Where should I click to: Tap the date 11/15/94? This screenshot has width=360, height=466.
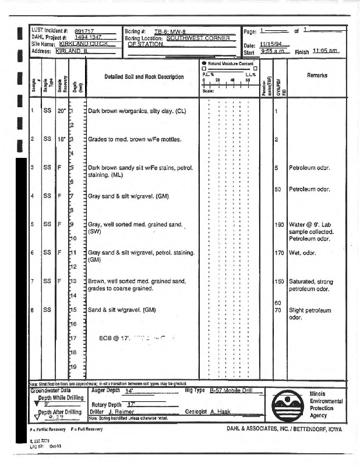tap(270, 45)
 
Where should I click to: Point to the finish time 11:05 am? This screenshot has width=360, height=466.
tap(326, 51)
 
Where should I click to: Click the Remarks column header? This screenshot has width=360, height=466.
tap(317, 75)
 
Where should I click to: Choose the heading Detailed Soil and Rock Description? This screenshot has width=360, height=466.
tap(144, 77)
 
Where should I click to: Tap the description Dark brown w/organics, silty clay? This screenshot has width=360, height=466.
tap(137, 111)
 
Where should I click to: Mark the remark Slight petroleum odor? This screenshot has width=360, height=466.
tap(310, 314)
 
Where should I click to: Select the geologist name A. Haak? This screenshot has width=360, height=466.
tap(220, 411)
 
